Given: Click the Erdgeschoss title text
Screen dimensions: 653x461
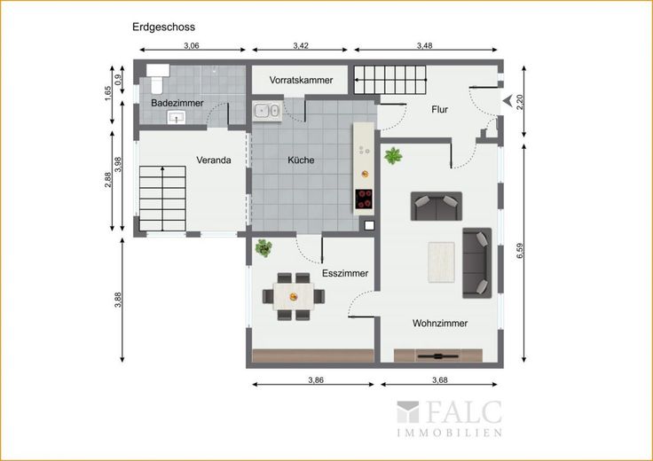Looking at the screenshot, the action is point(163,27).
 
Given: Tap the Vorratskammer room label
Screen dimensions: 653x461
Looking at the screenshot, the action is point(301,80).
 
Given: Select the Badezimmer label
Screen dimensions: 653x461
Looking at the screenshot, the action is point(177,103).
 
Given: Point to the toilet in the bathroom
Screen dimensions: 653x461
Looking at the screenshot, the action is point(157,79).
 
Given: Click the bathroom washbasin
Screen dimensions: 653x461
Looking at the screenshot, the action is point(177,117).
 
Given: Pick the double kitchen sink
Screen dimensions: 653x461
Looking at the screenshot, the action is point(266,111).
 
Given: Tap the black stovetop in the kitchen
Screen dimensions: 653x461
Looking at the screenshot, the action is point(364,199).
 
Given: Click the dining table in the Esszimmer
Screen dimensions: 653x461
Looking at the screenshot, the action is point(294,297).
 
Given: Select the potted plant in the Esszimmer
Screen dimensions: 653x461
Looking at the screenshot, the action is point(264,247).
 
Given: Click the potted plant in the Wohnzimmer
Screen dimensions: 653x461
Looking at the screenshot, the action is point(393,156).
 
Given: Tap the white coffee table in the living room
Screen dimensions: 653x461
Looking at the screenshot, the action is point(442,262).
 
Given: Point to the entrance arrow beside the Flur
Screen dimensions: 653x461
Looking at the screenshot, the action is point(507,101).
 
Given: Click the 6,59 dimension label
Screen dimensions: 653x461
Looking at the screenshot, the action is point(520,251).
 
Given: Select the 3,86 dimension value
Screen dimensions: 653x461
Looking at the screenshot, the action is point(316,379).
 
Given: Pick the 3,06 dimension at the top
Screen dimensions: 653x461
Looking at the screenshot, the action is point(192,46).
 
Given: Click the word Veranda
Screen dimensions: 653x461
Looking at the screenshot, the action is point(214,160).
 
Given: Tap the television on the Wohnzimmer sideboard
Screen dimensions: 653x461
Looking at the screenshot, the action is point(437,356).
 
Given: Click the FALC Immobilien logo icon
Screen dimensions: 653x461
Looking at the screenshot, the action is point(408,412).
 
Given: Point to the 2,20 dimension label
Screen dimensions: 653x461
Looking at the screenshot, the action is point(520,101).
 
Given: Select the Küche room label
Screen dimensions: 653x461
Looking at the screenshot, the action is point(301,160).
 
